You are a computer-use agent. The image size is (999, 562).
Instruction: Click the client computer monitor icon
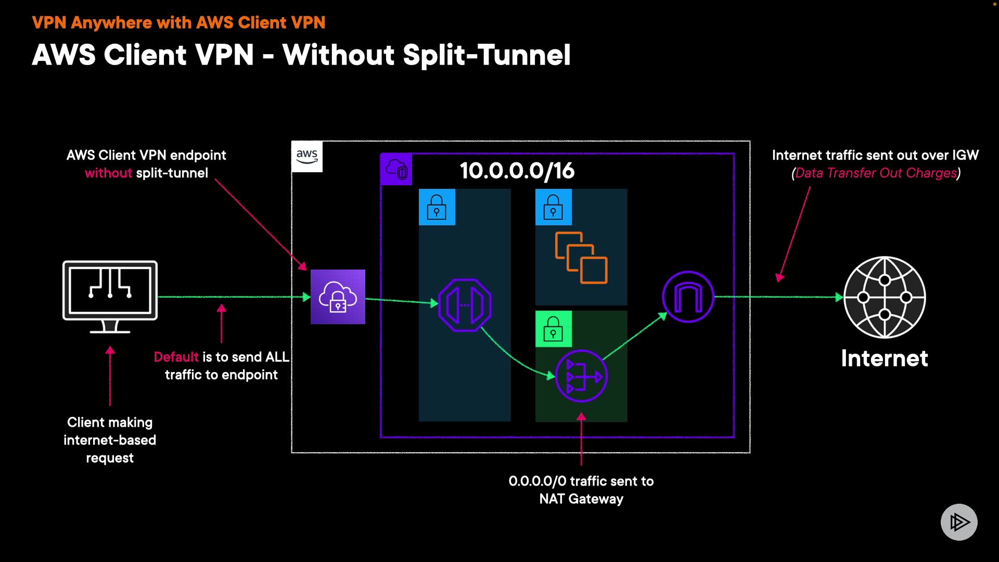pyautogui.click(x=110, y=297)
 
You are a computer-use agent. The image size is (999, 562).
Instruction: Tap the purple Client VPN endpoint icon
pyautogui.click(x=338, y=297)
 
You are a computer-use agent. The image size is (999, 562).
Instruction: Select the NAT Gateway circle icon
pyautogui.click(x=581, y=376)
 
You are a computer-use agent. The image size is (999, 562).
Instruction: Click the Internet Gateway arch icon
pyautogui.click(x=688, y=297)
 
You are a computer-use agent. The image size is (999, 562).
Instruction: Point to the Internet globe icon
pyautogui.click(x=885, y=297)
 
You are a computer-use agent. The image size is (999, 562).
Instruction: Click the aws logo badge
pyautogui.click(x=307, y=156)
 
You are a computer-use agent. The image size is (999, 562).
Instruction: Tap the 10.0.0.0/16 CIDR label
pyautogui.click(x=517, y=171)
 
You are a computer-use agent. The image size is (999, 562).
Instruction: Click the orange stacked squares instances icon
pyautogui.click(x=581, y=258)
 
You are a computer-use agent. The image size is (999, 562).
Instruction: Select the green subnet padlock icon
pyautogui.click(x=554, y=329)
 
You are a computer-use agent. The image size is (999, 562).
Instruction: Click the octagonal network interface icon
pyautogui.click(x=465, y=305)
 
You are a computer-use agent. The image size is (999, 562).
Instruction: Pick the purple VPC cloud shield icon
pyautogui.click(x=396, y=169)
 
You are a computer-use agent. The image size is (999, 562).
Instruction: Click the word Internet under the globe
pyautogui.click(x=885, y=359)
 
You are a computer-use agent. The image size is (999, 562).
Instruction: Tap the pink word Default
pyautogui.click(x=176, y=357)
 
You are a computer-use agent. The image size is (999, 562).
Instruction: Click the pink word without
pyautogui.click(x=108, y=173)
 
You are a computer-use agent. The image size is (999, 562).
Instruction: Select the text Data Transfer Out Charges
pyautogui.click(x=876, y=173)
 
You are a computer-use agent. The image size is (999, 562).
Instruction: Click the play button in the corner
pyautogui.click(x=959, y=522)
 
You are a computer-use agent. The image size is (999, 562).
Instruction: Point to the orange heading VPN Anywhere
pyautogui.click(x=92, y=23)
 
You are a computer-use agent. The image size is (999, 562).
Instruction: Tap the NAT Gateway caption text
pyautogui.click(x=581, y=490)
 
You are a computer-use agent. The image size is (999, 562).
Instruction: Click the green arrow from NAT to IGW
pyautogui.click(x=635, y=336)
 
